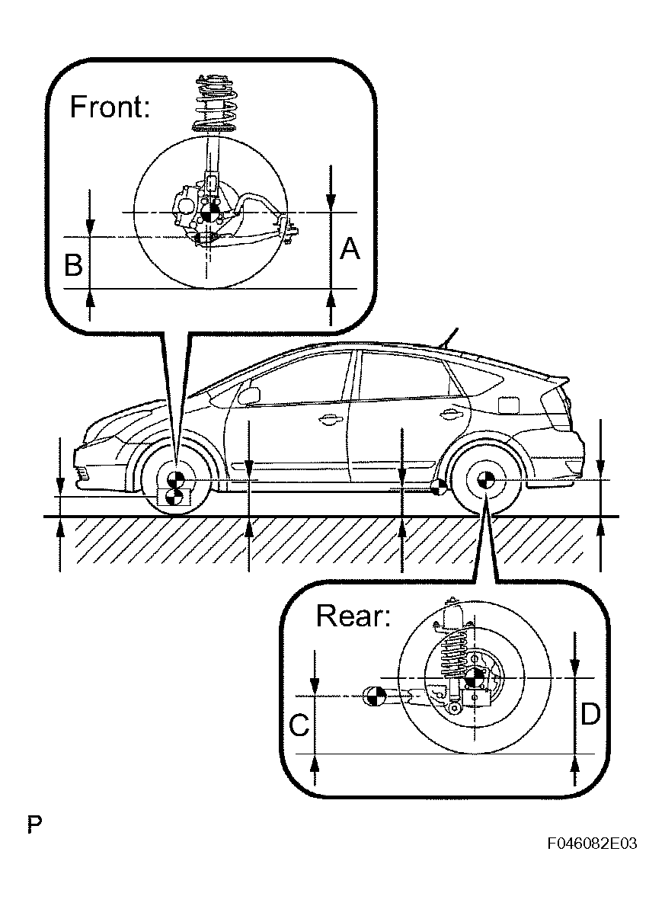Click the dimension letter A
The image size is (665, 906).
(349, 248)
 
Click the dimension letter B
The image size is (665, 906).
(73, 265)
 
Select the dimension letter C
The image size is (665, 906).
(299, 725)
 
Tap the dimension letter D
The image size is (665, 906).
(590, 714)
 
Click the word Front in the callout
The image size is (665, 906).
(110, 107)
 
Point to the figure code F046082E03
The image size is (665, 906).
(590, 844)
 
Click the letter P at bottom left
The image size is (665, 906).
(34, 824)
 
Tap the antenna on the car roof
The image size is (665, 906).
(449, 337)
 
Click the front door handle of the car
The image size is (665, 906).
(329, 418)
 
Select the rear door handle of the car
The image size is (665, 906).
(449, 414)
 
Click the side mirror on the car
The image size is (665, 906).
(249, 395)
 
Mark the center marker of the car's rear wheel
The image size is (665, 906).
(485, 480)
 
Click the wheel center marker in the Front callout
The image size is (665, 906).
(211, 212)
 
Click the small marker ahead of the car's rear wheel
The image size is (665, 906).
(438, 488)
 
